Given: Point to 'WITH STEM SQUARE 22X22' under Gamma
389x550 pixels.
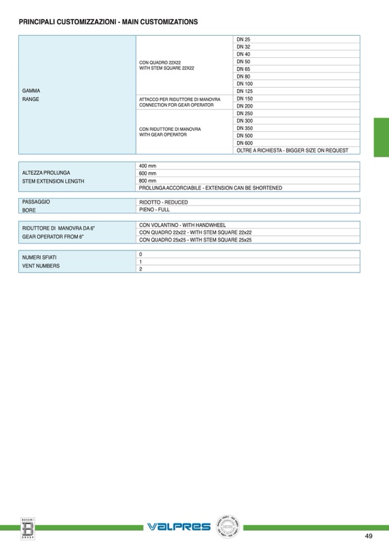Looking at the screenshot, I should click(167, 68).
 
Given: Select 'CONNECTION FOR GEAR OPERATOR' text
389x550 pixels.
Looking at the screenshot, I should click(177, 106).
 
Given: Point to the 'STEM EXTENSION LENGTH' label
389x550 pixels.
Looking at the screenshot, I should click(53, 181).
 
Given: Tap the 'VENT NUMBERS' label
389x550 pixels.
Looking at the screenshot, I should click(41, 266).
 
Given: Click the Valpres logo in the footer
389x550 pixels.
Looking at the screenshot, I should click(179, 526).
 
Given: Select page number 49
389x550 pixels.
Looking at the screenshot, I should click(368, 536).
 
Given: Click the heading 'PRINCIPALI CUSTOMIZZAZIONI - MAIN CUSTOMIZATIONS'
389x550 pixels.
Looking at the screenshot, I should click(108, 22).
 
